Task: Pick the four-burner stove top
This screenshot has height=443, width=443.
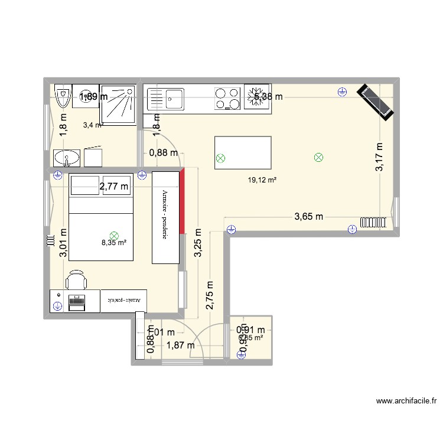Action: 227,99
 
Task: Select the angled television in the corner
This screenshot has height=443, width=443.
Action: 374,102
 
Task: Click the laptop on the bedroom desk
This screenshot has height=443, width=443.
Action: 77,301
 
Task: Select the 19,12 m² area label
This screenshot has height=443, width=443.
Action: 263,181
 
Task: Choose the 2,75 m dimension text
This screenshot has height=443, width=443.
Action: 210,295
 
